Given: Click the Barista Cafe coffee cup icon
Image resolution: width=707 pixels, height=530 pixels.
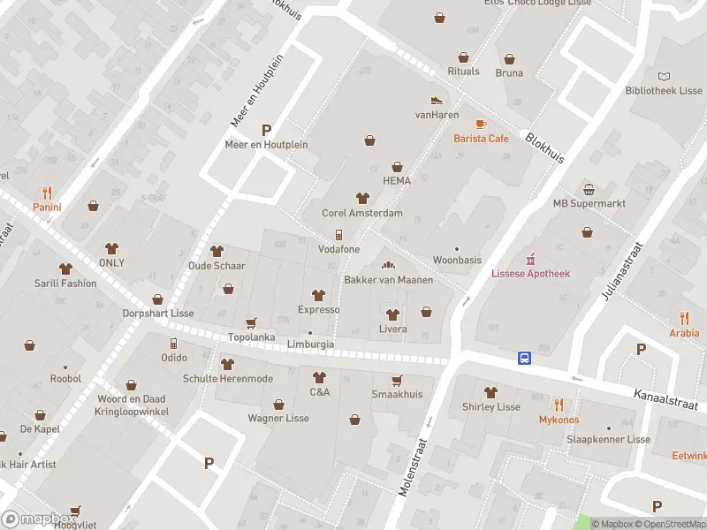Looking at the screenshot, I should click(x=481, y=124).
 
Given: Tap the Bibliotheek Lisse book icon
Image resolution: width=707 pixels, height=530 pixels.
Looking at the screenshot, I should click(x=665, y=77).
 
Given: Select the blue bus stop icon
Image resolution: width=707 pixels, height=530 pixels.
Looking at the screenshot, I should click(x=524, y=358).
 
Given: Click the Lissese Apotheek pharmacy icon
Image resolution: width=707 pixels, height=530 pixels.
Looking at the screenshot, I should click(x=530, y=259).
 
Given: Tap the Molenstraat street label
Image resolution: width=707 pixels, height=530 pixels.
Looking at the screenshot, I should click(x=414, y=466).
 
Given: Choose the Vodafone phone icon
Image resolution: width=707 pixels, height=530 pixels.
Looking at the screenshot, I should click(x=338, y=235).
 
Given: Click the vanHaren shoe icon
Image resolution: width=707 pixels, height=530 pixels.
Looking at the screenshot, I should click(x=436, y=101).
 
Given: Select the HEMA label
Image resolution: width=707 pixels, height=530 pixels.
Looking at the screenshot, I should click(x=397, y=180).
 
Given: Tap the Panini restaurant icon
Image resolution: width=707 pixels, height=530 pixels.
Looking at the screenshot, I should click(x=47, y=193).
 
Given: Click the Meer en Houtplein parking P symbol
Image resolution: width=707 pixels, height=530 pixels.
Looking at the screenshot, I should click(x=266, y=129).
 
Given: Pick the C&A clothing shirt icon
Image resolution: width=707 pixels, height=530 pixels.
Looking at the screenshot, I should click(x=319, y=377).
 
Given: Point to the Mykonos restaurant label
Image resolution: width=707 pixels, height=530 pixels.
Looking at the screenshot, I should click(x=559, y=420).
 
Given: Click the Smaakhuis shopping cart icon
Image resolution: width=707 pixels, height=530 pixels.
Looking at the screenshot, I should click(x=397, y=380).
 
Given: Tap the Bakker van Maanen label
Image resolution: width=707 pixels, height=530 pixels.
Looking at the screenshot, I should click(x=388, y=280).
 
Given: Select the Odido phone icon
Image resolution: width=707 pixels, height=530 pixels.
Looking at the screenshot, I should click(x=173, y=343).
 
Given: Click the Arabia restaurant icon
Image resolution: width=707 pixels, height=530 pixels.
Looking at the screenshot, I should click(x=684, y=319).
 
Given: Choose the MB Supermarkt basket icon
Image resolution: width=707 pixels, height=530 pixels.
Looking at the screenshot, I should click(x=589, y=189).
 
